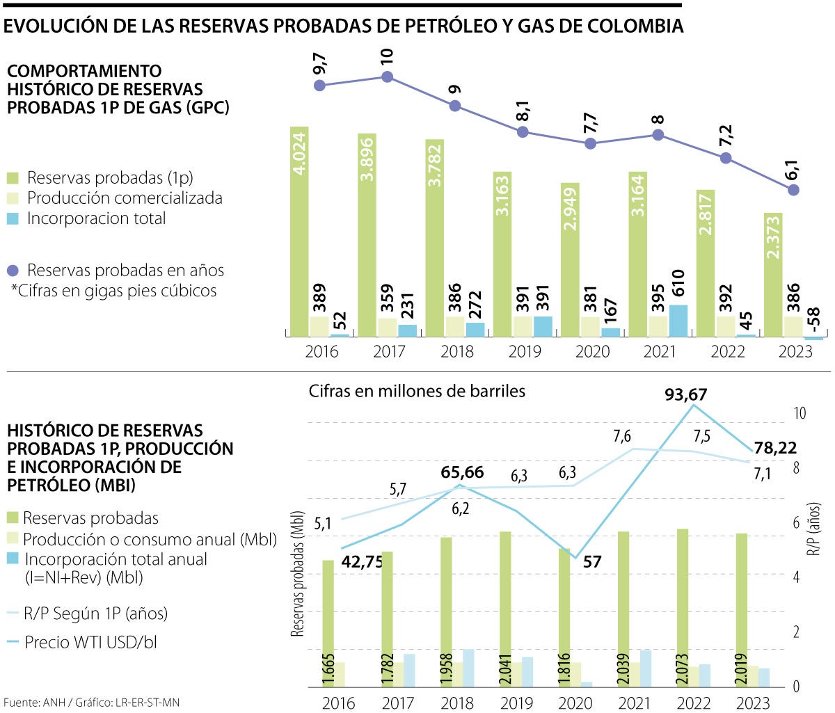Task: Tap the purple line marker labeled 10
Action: tap(387, 77)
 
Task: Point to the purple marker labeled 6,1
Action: tap(794, 189)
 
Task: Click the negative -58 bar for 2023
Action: tap(813, 339)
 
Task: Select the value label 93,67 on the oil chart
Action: tap(685, 395)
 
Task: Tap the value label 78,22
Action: tap(775, 448)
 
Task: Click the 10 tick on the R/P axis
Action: tap(800, 413)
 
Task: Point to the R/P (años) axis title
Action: tap(814, 529)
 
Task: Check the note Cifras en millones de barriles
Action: tap(417, 391)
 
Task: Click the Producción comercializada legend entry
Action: tap(125, 198)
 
